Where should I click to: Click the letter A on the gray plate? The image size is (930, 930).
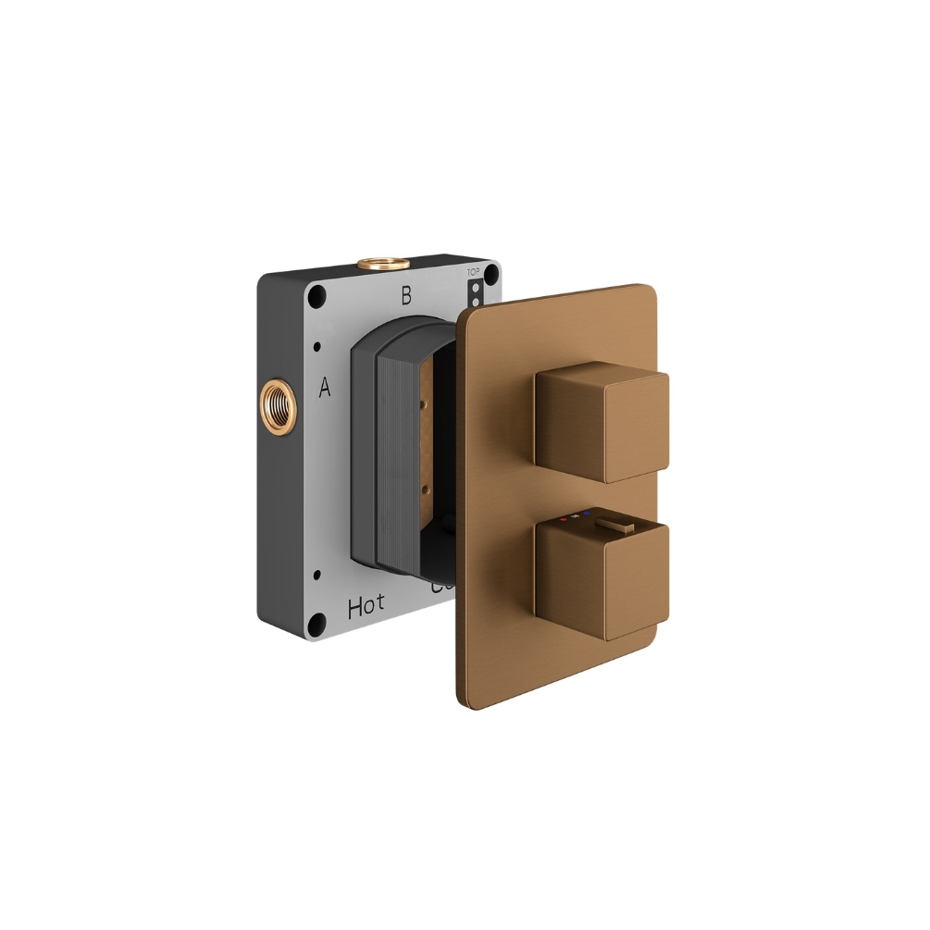point(325,388)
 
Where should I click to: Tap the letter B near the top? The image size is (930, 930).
point(404,296)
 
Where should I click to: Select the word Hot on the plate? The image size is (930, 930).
point(366,607)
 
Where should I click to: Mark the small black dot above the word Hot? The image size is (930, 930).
point(317,574)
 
